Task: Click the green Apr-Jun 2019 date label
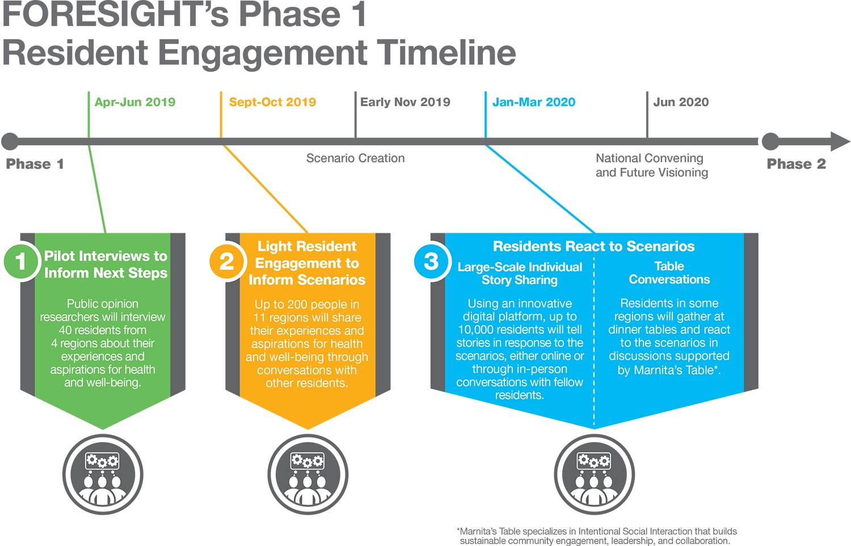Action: point(135,102)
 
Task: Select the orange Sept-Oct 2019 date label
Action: point(272,102)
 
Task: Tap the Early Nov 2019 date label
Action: point(405,102)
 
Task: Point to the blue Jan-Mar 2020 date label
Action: point(534,102)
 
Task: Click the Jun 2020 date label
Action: point(681,102)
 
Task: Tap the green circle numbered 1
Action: point(22,262)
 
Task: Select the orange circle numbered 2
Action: point(227,262)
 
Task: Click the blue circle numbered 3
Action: point(431,262)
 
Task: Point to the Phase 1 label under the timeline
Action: point(35,164)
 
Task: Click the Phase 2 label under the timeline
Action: point(797,164)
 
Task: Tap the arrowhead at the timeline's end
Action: point(840,141)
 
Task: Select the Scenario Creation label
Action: point(355,158)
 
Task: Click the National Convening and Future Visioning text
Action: point(651,165)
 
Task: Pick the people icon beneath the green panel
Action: point(103,474)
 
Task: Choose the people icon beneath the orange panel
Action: point(307,474)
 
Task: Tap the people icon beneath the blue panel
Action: point(594,474)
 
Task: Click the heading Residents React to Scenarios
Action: point(594,246)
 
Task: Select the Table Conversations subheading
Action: point(669,273)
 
